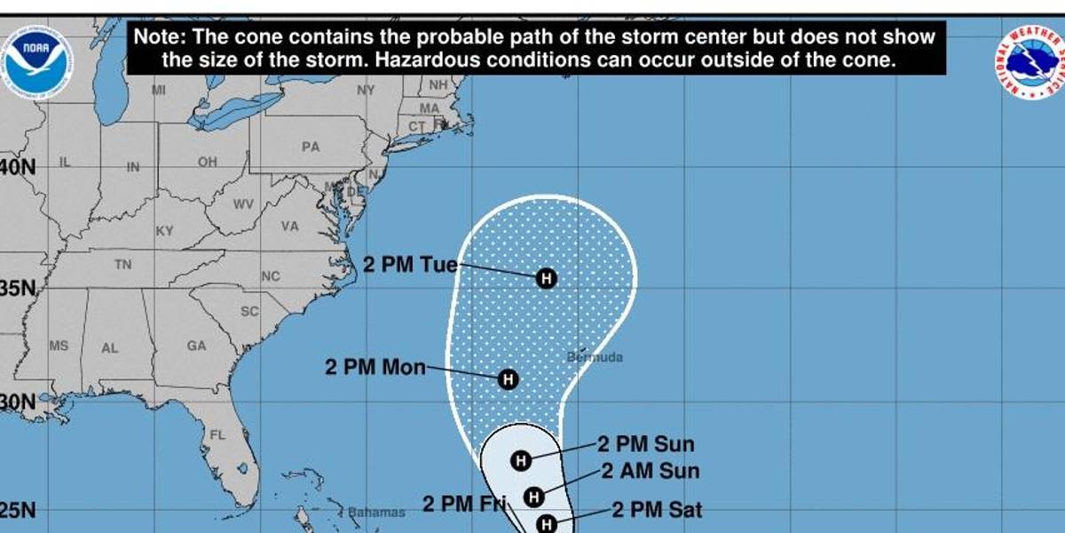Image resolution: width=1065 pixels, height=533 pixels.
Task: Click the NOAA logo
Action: [36, 60]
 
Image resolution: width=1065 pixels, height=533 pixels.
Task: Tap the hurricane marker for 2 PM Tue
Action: [547, 278]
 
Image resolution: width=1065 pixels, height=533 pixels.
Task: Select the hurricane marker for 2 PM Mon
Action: [508, 379]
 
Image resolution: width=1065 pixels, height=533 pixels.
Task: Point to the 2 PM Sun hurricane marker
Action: [521, 459]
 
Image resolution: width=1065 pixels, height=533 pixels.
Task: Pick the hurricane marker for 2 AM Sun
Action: [533, 496]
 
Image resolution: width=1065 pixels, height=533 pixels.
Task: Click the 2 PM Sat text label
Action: [658, 510]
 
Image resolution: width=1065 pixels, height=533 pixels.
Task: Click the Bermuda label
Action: [595, 357]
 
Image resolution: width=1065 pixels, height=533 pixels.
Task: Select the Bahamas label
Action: [376, 513]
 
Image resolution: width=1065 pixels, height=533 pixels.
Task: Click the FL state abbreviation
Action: [217, 435]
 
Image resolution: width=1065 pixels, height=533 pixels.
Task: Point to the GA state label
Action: [196, 346]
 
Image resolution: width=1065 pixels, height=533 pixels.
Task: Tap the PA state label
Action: [310, 147]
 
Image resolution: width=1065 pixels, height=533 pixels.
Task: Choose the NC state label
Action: [270, 276]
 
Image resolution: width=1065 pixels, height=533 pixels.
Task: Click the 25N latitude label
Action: [18, 512]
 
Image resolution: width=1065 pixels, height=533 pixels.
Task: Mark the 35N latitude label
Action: [16, 290]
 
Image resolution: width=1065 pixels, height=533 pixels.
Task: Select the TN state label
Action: [122, 265]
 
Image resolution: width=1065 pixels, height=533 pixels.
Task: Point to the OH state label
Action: [208, 162]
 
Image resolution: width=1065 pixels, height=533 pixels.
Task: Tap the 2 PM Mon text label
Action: [375, 367]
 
